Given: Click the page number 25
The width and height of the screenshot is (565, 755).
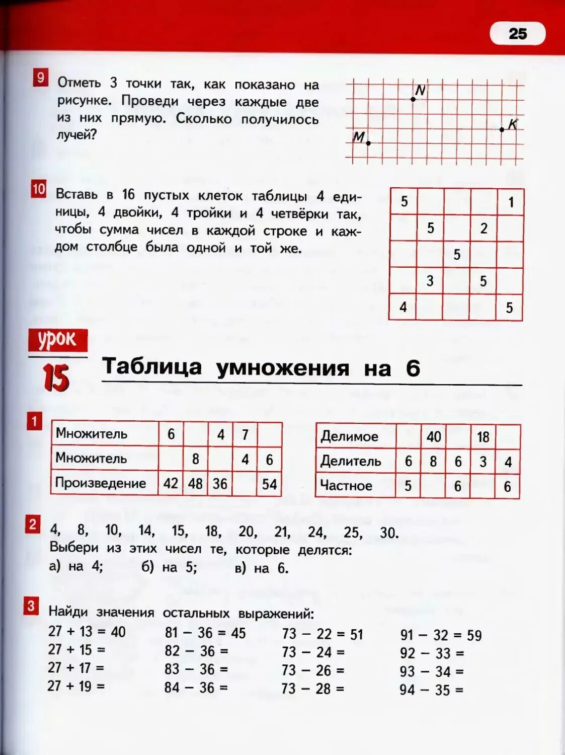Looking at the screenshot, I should pyautogui.click(x=518, y=34).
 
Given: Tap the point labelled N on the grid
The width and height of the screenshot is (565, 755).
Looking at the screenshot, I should pyautogui.click(x=413, y=99).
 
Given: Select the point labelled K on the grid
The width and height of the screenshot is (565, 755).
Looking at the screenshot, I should pyautogui.click(x=502, y=129).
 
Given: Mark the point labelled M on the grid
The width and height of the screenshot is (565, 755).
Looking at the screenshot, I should pyautogui.click(x=368, y=143).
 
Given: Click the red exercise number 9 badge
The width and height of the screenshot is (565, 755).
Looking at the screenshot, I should pyautogui.click(x=41, y=78).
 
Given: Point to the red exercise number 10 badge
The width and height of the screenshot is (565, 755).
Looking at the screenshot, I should pyautogui.click(x=39, y=189).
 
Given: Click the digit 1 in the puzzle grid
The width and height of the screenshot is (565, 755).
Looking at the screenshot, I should pyautogui.click(x=511, y=202).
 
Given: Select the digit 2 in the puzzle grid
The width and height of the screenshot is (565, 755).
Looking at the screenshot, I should pyautogui.click(x=483, y=229).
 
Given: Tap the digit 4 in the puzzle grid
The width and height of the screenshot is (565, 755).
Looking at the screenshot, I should pyautogui.click(x=403, y=307).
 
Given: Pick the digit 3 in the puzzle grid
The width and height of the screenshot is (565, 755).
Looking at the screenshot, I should pyautogui.click(x=430, y=280).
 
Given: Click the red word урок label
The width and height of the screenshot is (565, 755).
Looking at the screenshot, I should pyautogui.click(x=58, y=340).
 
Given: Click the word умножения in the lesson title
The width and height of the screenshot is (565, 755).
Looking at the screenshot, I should pyautogui.click(x=282, y=368).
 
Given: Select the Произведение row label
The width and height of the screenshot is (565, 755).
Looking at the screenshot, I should pyautogui.click(x=101, y=483).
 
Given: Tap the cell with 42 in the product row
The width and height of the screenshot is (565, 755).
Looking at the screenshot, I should pyautogui.click(x=171, y=484).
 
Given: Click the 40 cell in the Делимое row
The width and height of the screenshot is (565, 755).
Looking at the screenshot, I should pyautogui.click(x=434, y=437).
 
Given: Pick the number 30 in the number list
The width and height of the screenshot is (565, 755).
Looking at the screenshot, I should pyautogui.click(x=388, y=533).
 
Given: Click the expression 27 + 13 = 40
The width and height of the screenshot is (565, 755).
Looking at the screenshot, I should pyautogui.click(x=87, y=632).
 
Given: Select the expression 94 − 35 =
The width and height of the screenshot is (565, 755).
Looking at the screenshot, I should pyautogui.click(x=431, y=690).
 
